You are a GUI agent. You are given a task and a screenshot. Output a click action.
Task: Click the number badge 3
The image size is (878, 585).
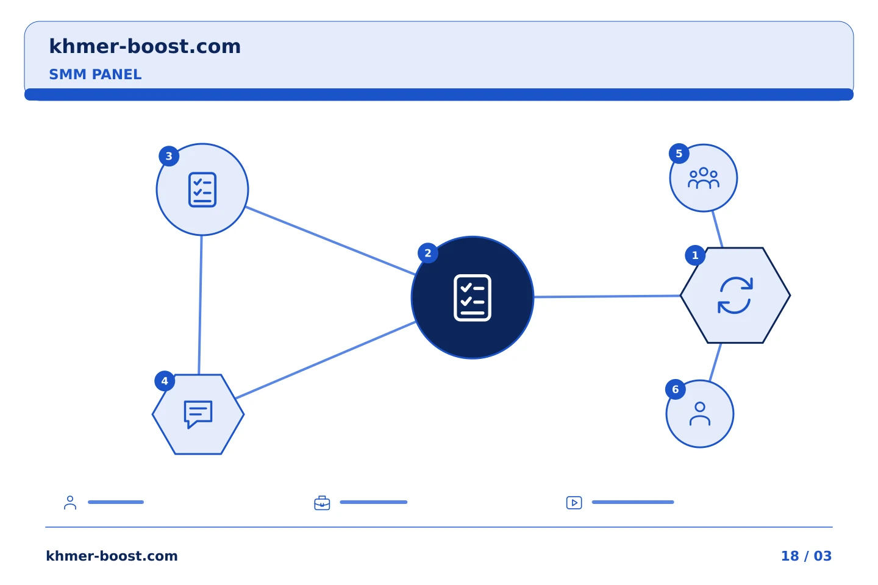coord(169,157)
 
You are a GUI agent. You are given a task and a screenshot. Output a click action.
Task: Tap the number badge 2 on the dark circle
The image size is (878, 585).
coord(428,253)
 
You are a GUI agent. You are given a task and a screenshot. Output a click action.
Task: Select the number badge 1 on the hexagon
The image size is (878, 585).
coord(695,255)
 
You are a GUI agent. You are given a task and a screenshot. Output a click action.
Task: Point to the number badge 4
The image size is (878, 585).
coord(165,381)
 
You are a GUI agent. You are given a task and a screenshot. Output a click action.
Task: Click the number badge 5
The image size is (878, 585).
coord(679,154)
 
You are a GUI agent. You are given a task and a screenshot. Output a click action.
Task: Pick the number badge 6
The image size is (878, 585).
coord(676,389)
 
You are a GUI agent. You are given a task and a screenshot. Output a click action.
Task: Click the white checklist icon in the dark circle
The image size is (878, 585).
coord(473,298)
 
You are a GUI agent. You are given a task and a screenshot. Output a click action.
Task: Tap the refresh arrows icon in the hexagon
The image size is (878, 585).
coord(735,296)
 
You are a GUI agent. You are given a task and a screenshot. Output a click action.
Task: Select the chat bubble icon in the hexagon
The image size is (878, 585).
coord(198,414)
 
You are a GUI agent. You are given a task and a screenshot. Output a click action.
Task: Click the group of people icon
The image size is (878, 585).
coord(704,179)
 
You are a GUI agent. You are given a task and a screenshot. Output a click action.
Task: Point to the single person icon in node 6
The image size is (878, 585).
coord(700,414)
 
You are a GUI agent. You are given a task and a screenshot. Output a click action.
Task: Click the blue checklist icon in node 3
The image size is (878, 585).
coord(202,190)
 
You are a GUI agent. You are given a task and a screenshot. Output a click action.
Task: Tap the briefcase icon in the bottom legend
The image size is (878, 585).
coord(322,503)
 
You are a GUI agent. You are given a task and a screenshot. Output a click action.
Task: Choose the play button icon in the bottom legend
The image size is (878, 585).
coord(574,503)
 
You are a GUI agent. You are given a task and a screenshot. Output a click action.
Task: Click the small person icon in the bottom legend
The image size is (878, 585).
coord(70,503)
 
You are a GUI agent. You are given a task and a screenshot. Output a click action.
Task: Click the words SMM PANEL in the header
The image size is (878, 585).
coord(95,74)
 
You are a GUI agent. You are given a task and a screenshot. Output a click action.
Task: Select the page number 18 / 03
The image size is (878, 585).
coord(806,556)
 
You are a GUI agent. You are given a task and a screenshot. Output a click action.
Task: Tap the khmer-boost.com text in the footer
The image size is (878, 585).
coord(112,556)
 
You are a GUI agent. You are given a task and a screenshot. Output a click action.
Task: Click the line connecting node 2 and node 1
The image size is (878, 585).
coord(607,297)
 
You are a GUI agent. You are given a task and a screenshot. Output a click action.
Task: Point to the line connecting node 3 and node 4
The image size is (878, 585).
coord(200,305)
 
